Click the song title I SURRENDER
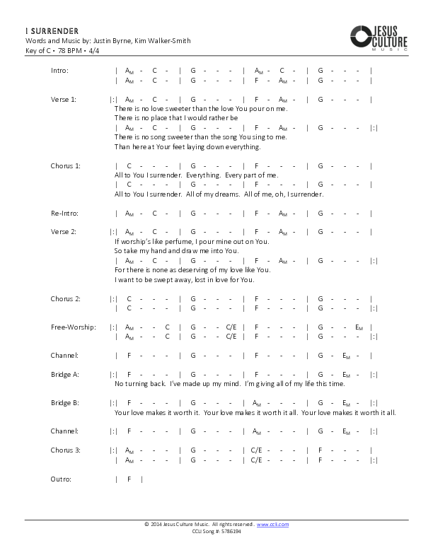47,32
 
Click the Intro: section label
60,71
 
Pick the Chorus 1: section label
65,165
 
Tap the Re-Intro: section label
64,213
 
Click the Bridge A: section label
64,374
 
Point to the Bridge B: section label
64,402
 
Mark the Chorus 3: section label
65,450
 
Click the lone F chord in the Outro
129,479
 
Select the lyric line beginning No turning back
230,384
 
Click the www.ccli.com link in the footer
272,525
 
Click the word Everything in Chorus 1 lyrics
204,175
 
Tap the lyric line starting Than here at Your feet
187,147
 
